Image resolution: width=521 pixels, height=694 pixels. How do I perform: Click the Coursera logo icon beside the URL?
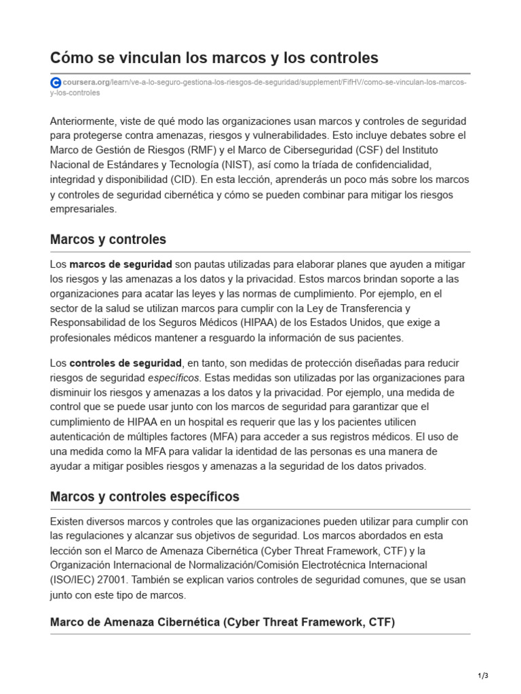[56, 83]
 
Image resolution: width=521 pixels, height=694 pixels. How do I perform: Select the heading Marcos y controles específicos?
[144, 497]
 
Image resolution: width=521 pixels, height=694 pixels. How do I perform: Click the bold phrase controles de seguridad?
[126, 363]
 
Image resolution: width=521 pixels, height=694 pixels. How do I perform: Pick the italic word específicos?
[174, 377]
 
